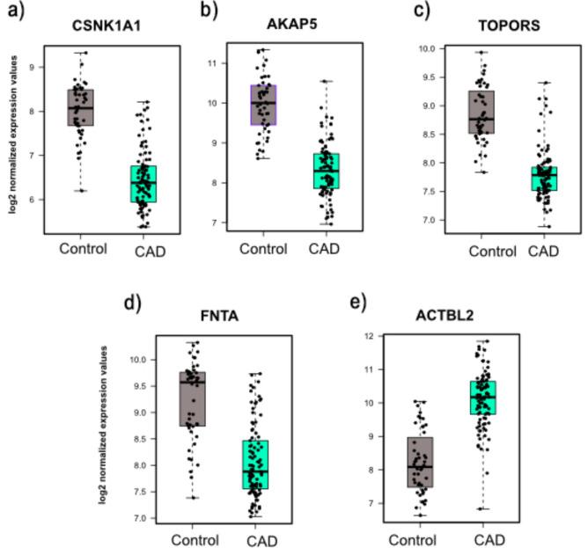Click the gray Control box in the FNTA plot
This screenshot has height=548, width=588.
coord(193,398)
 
